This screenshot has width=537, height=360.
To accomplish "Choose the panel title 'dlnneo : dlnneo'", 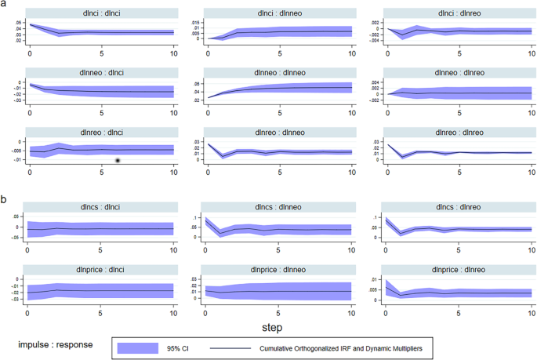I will point(278,73).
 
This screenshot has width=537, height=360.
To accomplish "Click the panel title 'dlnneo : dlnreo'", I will point(458,73).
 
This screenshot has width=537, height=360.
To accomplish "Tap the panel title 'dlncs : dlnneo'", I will point(278,207).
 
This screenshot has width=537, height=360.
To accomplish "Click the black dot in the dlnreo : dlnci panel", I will point(118,160).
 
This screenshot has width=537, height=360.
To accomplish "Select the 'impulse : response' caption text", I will point(56,344).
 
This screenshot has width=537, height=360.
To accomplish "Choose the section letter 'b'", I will point(5,199).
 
